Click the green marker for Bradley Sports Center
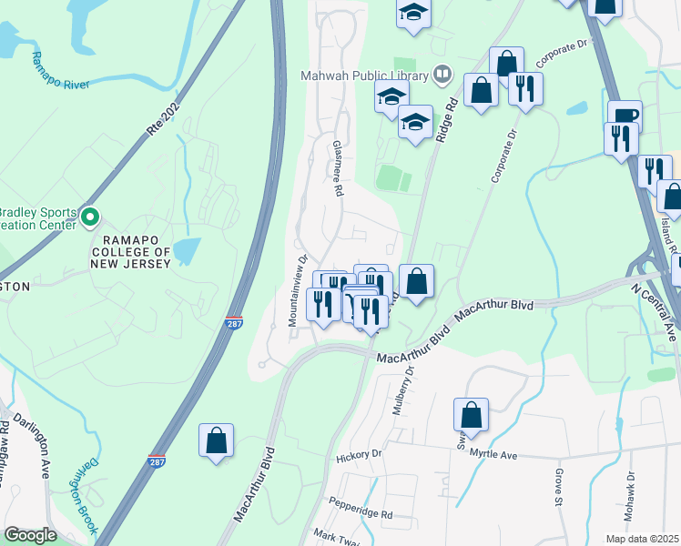[x=90, y=217]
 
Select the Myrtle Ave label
[x=493, y=454]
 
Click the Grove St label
[x=558, y=488]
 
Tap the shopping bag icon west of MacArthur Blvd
[x=217, y=441]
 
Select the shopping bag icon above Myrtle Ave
[x=472, y=416]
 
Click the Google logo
[x=30, y=535]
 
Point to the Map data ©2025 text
[x=643, y=539]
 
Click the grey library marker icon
[x=442, y=73]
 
